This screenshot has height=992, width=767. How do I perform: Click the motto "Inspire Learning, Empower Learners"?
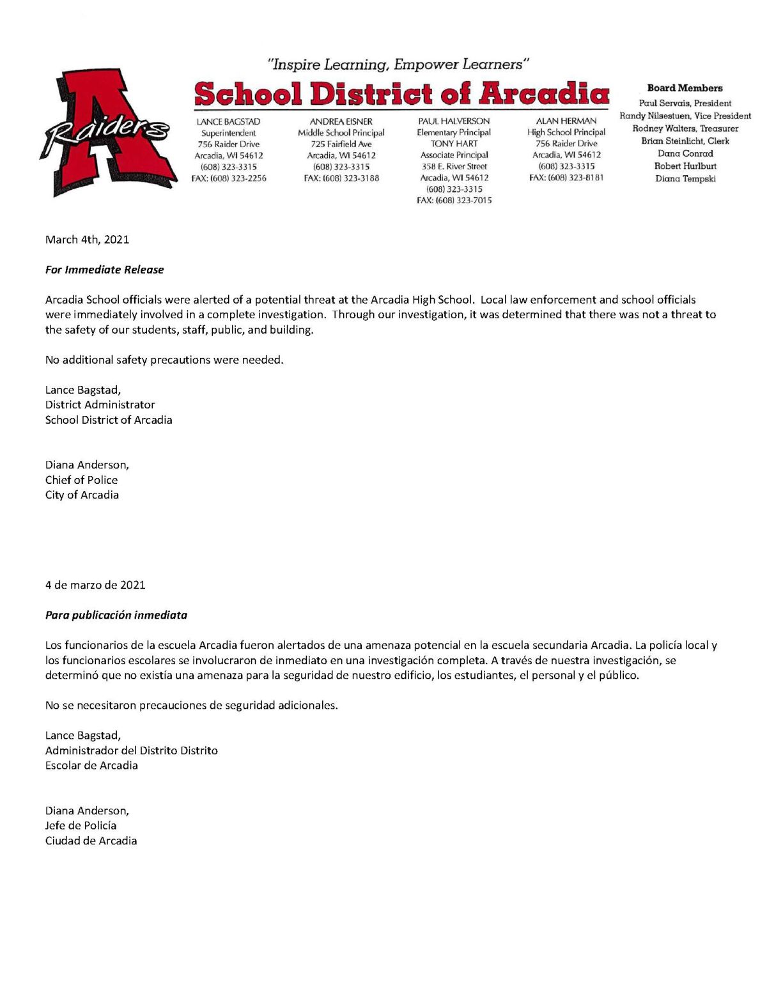(x=399, y=65)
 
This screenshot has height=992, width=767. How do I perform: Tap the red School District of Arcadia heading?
(x=401, y=93)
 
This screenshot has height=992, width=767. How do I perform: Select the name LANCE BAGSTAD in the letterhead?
(x=228, y=121)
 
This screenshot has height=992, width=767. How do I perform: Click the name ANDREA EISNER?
(x=341, y=121)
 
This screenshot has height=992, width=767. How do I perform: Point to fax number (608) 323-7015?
(x=454, y=201)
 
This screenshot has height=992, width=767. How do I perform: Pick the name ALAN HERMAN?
(x=566, y=121)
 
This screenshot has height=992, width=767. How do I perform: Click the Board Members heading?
(x=685, y=88)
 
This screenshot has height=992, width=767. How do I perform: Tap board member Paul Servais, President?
(x=685, y=103)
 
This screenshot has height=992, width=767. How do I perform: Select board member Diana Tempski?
(x=685, y=178)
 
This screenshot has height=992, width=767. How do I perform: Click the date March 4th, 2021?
(x=87, y=240)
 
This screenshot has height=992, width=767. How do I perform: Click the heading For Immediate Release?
(x=104, y=270)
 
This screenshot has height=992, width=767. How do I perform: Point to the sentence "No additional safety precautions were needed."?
(x=164, y=360)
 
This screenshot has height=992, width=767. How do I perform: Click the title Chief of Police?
(x=81, y=480)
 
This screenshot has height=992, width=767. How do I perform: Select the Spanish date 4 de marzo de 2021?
(x=95, y=585)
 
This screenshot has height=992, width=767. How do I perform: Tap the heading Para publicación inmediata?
(x=116, y=615)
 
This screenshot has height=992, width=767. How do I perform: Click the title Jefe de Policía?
(x=81, y=825)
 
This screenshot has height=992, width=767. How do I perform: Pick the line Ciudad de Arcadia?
(x=91, y=841)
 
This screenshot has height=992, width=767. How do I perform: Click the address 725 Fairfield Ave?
(x=341, y=144)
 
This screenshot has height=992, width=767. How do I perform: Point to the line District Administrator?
(x=100, y=405)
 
